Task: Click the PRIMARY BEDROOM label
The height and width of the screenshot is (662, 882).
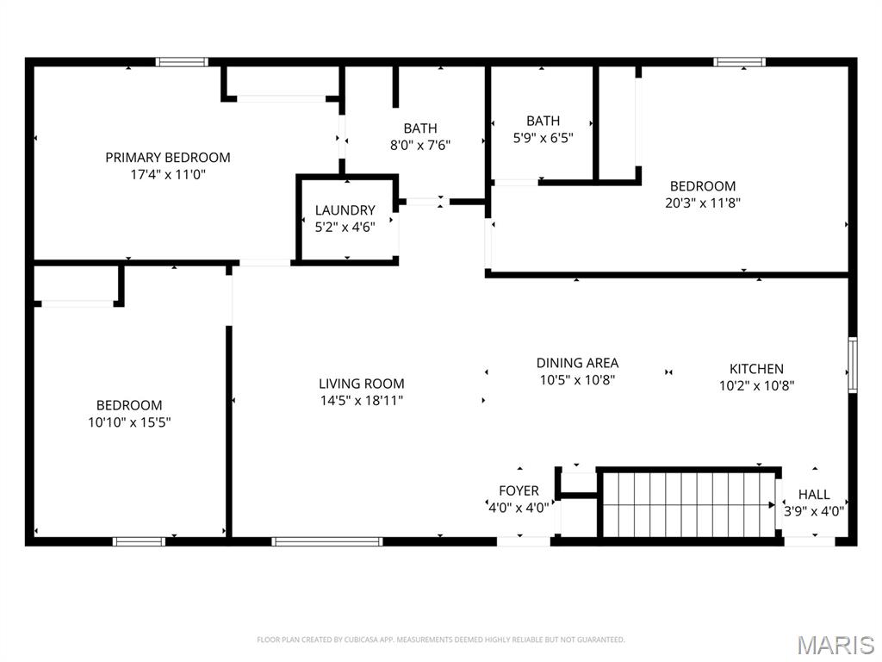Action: coord(168,158)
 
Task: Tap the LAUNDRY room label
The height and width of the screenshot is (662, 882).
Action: coord(345,210)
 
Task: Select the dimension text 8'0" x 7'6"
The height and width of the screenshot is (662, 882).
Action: coord(420,145)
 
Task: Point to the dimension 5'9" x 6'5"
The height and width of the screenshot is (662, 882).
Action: coord(543,138)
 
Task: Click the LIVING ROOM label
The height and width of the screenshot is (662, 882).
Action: coord(361,384)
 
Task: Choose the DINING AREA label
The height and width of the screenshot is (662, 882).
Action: coord(577,363)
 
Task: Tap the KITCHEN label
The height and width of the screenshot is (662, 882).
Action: coord(756,369)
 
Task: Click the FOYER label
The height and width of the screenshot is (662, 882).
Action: coord(519,490)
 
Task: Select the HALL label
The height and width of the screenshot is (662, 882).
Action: coord(814,494)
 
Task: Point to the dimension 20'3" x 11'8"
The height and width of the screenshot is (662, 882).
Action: coord(703,203)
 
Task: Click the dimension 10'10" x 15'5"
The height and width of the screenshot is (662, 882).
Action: coord(129,422)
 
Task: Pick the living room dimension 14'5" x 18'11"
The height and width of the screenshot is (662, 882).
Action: coord(361,401)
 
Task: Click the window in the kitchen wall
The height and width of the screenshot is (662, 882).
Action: coord(853,365)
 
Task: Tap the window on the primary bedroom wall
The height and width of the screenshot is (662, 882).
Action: coord(182,62)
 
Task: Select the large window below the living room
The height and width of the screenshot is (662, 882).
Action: coord(327,541)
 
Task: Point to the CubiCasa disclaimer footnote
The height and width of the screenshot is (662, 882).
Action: coord(440,640)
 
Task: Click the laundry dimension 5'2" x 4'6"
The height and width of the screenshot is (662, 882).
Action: coord(345,228)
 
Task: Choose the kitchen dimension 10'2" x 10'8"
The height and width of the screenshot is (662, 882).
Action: coord(756,386)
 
